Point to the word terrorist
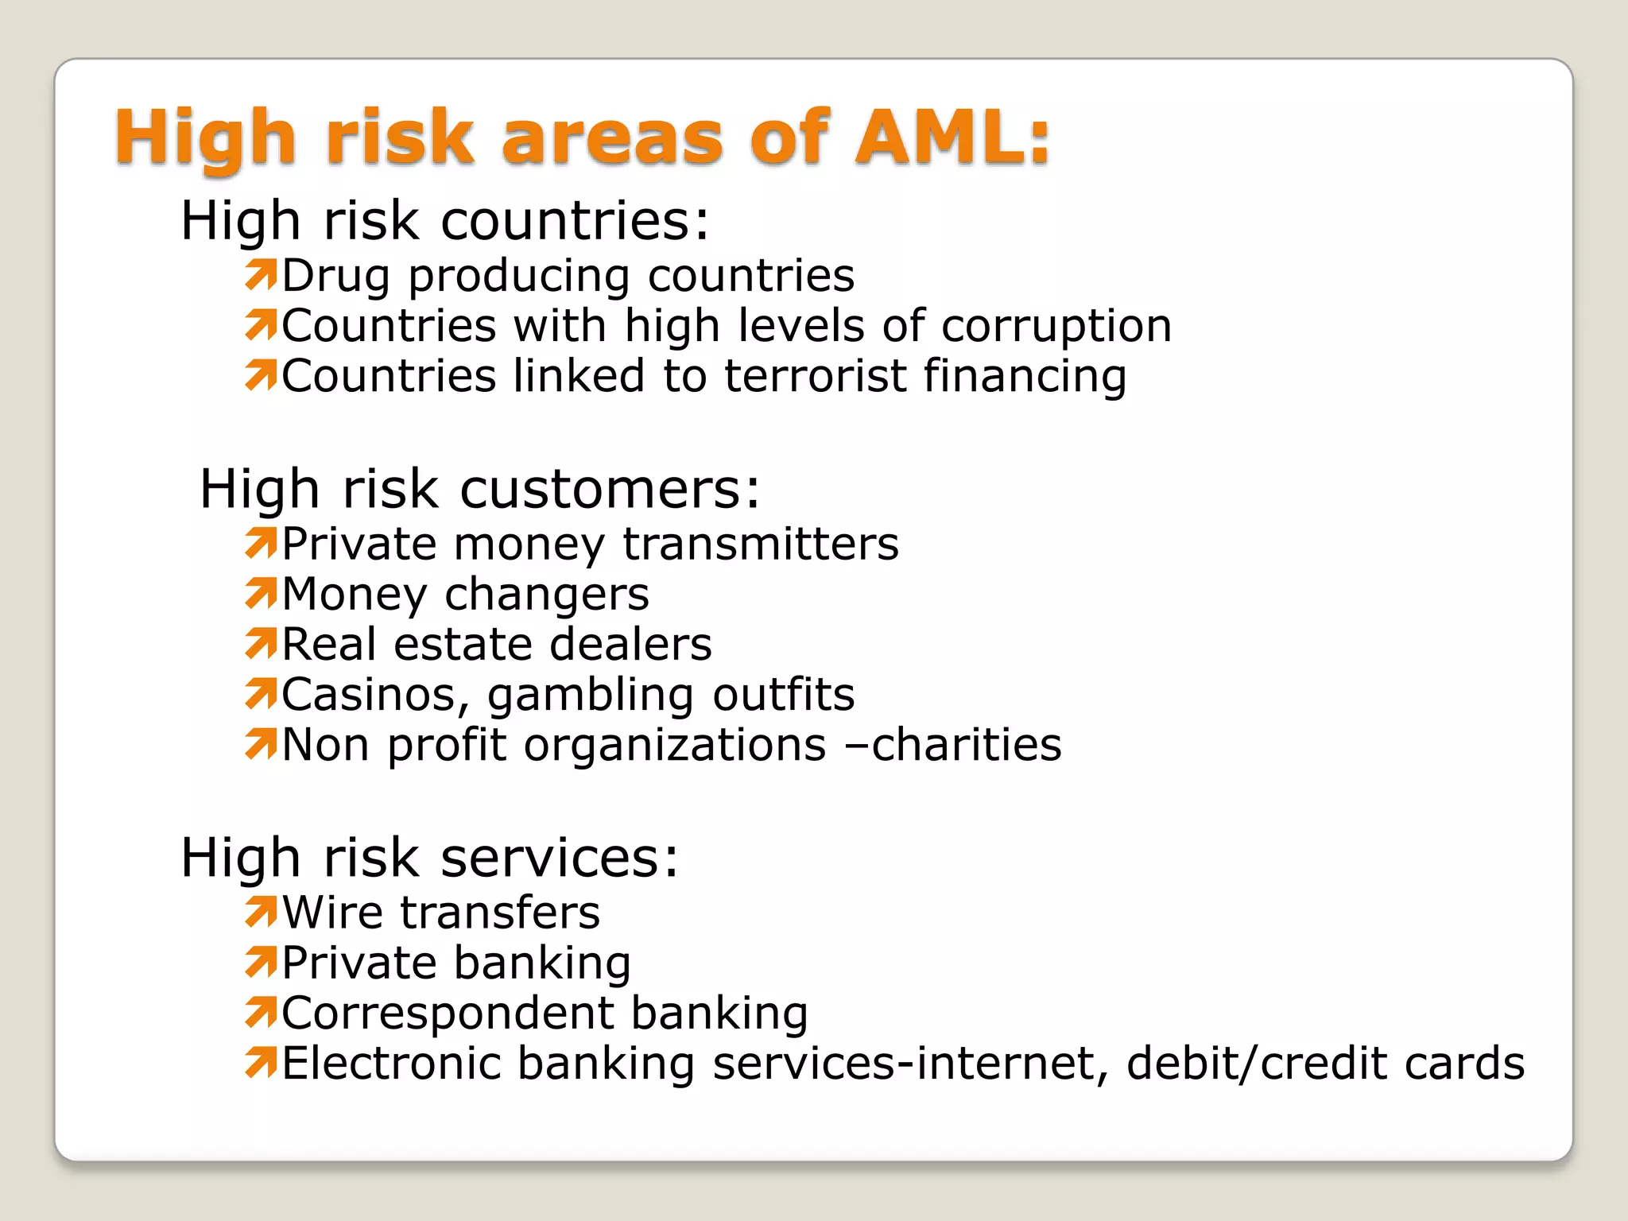click(x=815, y=376)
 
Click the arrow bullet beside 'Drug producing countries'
click(x=261, y=274)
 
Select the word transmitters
click(x=761, y=545)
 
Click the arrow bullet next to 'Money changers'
click(x=261, y=593)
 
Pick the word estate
click(x=462, y=645)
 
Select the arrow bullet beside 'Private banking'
click(x=261, y=962)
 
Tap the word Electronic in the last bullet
click(x=391, y=1064)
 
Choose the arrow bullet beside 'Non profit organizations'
click(x=261, y=744)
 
